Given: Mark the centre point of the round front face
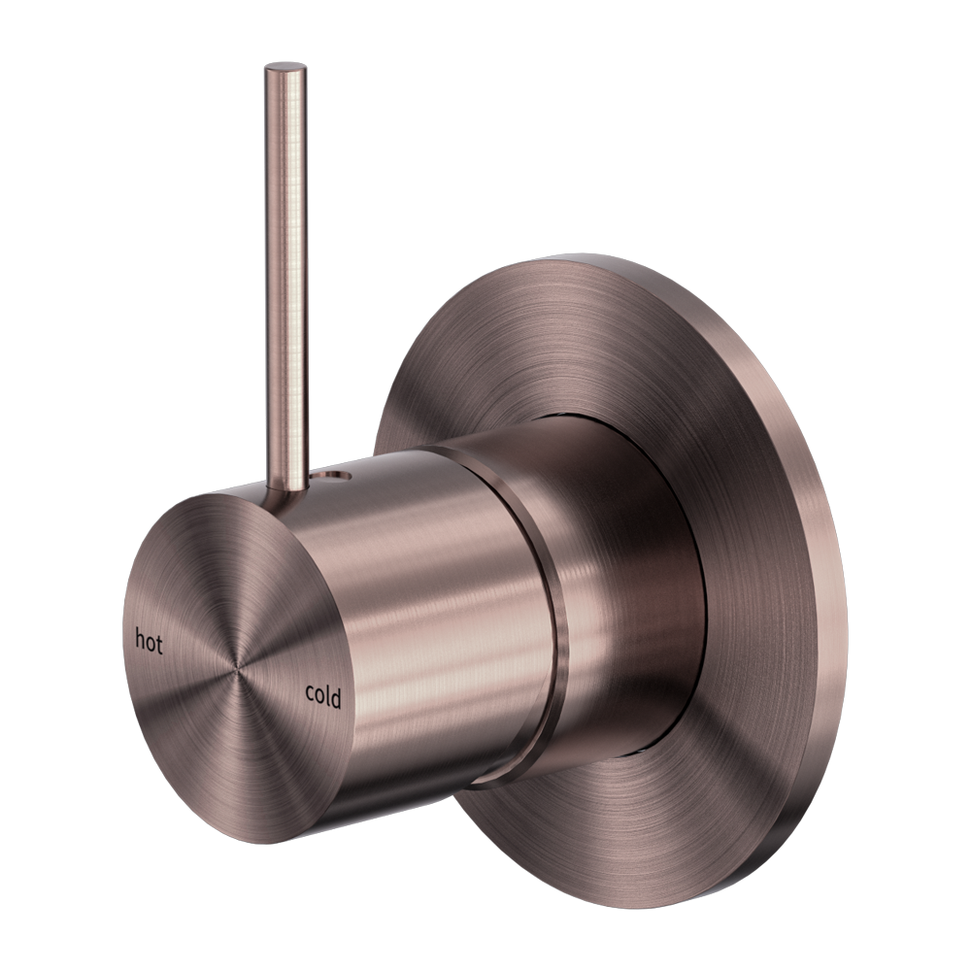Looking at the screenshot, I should point(236,667).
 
